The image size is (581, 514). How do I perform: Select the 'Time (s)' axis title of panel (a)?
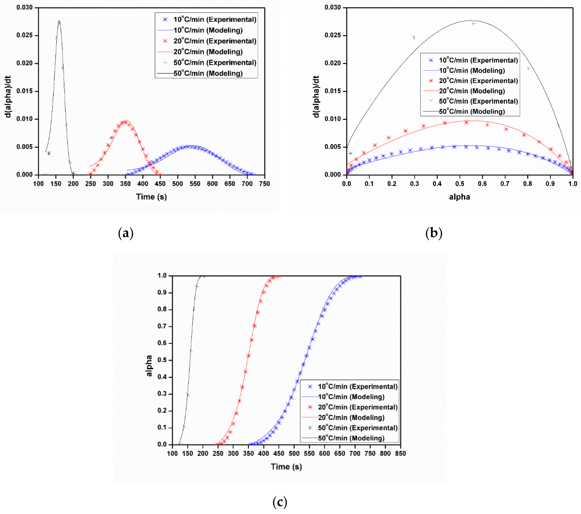[x=151, y=197]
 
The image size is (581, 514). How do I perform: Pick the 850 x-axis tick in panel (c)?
[x=400, y=453]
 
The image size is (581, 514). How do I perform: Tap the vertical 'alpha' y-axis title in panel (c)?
[x=149, y=366]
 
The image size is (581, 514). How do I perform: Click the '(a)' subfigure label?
[x=126, y=233]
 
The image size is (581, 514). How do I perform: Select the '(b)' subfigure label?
[x=434, y=233]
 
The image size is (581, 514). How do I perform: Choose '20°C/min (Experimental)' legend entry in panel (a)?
[x=215, y=41]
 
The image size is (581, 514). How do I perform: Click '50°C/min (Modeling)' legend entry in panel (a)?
[x=208, y=74]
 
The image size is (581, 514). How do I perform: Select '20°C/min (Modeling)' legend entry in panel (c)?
[x=351, y=418]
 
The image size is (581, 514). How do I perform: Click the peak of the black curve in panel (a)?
[x=59, y=21]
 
